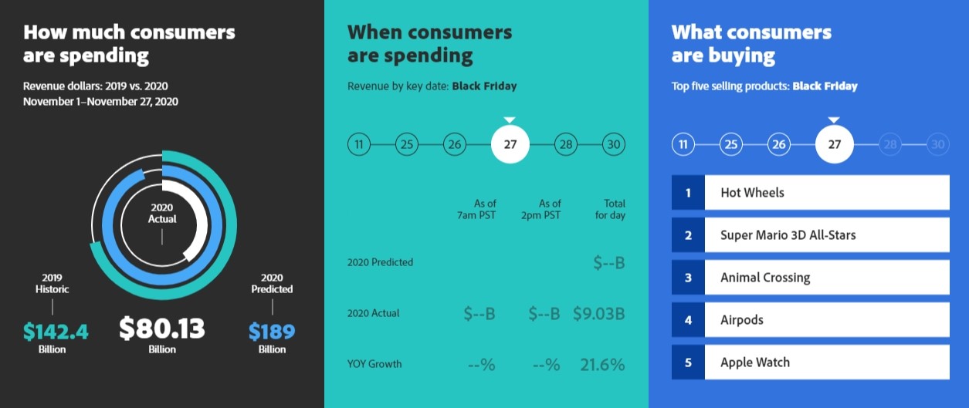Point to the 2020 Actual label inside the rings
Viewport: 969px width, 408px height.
point(162,214)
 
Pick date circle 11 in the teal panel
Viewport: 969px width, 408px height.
point(359,144)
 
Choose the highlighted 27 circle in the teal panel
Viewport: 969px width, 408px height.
point(510,144)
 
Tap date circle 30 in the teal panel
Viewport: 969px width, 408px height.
point(614,144)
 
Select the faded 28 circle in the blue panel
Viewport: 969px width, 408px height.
point(890,144)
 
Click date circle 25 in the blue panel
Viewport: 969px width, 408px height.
point(731,144)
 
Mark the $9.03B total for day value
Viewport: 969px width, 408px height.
point(599,314)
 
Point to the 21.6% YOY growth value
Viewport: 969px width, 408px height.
point(602,365)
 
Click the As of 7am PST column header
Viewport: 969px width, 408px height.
point(476,209)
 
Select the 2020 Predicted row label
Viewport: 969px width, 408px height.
point(380,262)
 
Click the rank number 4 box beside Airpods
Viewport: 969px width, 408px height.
point(688,320)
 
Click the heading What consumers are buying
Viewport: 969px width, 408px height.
point(751,44)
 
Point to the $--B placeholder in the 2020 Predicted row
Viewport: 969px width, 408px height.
point(609,262)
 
